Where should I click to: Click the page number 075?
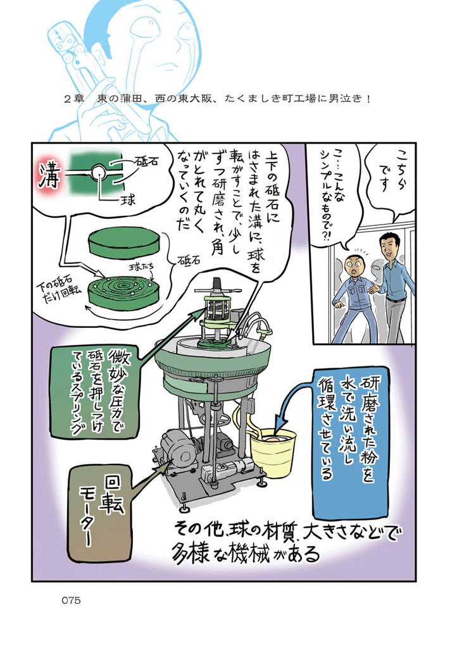[71, 601]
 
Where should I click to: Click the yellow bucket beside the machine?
[273, 451]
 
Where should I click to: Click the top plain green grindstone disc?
[124, 244]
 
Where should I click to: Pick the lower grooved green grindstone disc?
[124, 290]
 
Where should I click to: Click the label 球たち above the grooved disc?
[141, 268]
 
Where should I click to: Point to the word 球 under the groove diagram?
[127, 201]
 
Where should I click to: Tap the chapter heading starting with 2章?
[217, 99]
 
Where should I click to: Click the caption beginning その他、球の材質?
[285, 542]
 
